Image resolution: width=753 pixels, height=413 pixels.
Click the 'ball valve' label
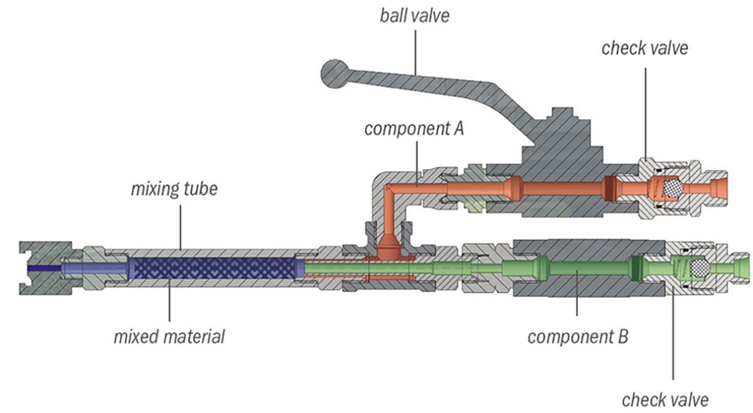point(414,15)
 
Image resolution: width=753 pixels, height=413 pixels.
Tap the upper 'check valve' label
point(644,48)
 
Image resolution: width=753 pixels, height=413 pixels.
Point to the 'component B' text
point(577,337)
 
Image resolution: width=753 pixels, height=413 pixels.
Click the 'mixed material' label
point(169,337)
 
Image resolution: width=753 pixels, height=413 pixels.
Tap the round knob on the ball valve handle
point(336,74)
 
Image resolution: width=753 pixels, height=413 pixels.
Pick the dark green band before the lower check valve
point(637,269)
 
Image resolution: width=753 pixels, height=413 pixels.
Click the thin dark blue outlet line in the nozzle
point(44,268)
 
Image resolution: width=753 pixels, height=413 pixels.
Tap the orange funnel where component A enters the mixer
point(390,247)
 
